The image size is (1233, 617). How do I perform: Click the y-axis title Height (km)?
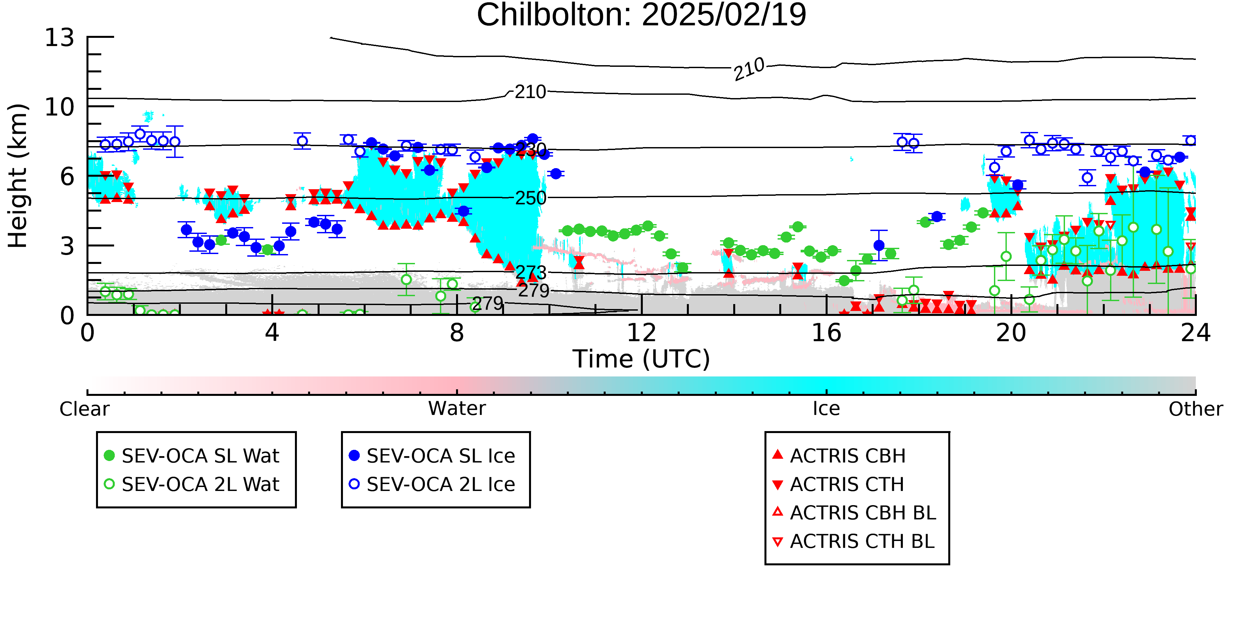click(x=18, y=176)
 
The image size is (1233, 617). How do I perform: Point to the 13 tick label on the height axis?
click(x=60, y=38)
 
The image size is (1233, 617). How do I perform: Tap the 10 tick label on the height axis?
click(x=60, y=107)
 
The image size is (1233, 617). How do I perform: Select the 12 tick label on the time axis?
click(x=641, y=332)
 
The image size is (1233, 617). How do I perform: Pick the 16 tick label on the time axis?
click(x=826, y=332)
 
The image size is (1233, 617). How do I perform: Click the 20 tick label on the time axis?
click(x=1011, y=332)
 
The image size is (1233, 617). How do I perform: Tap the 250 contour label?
click(x=530, y=198)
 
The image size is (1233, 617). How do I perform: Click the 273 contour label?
click(x=530, y=272)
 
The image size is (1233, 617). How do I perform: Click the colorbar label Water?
click(x=457, y=409)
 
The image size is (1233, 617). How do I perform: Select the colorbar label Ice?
click(x=826, y=409)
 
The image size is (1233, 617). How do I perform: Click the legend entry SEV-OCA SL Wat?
click(x=201, y=455)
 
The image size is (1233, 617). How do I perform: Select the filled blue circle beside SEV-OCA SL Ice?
click(x=354, y=455)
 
